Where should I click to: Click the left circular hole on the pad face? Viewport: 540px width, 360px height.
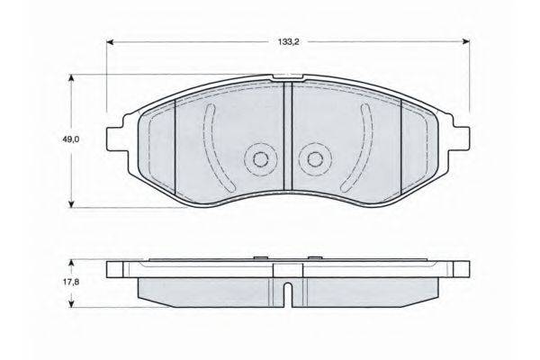coord(257,160)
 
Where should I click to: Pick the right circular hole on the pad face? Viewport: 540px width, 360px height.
coord(313,160)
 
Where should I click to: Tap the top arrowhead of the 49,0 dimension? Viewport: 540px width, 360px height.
coord(72,78)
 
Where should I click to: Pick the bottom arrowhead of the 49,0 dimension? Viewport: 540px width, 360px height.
coord(72,205)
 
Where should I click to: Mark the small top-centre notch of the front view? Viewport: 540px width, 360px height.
coord(285,77)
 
